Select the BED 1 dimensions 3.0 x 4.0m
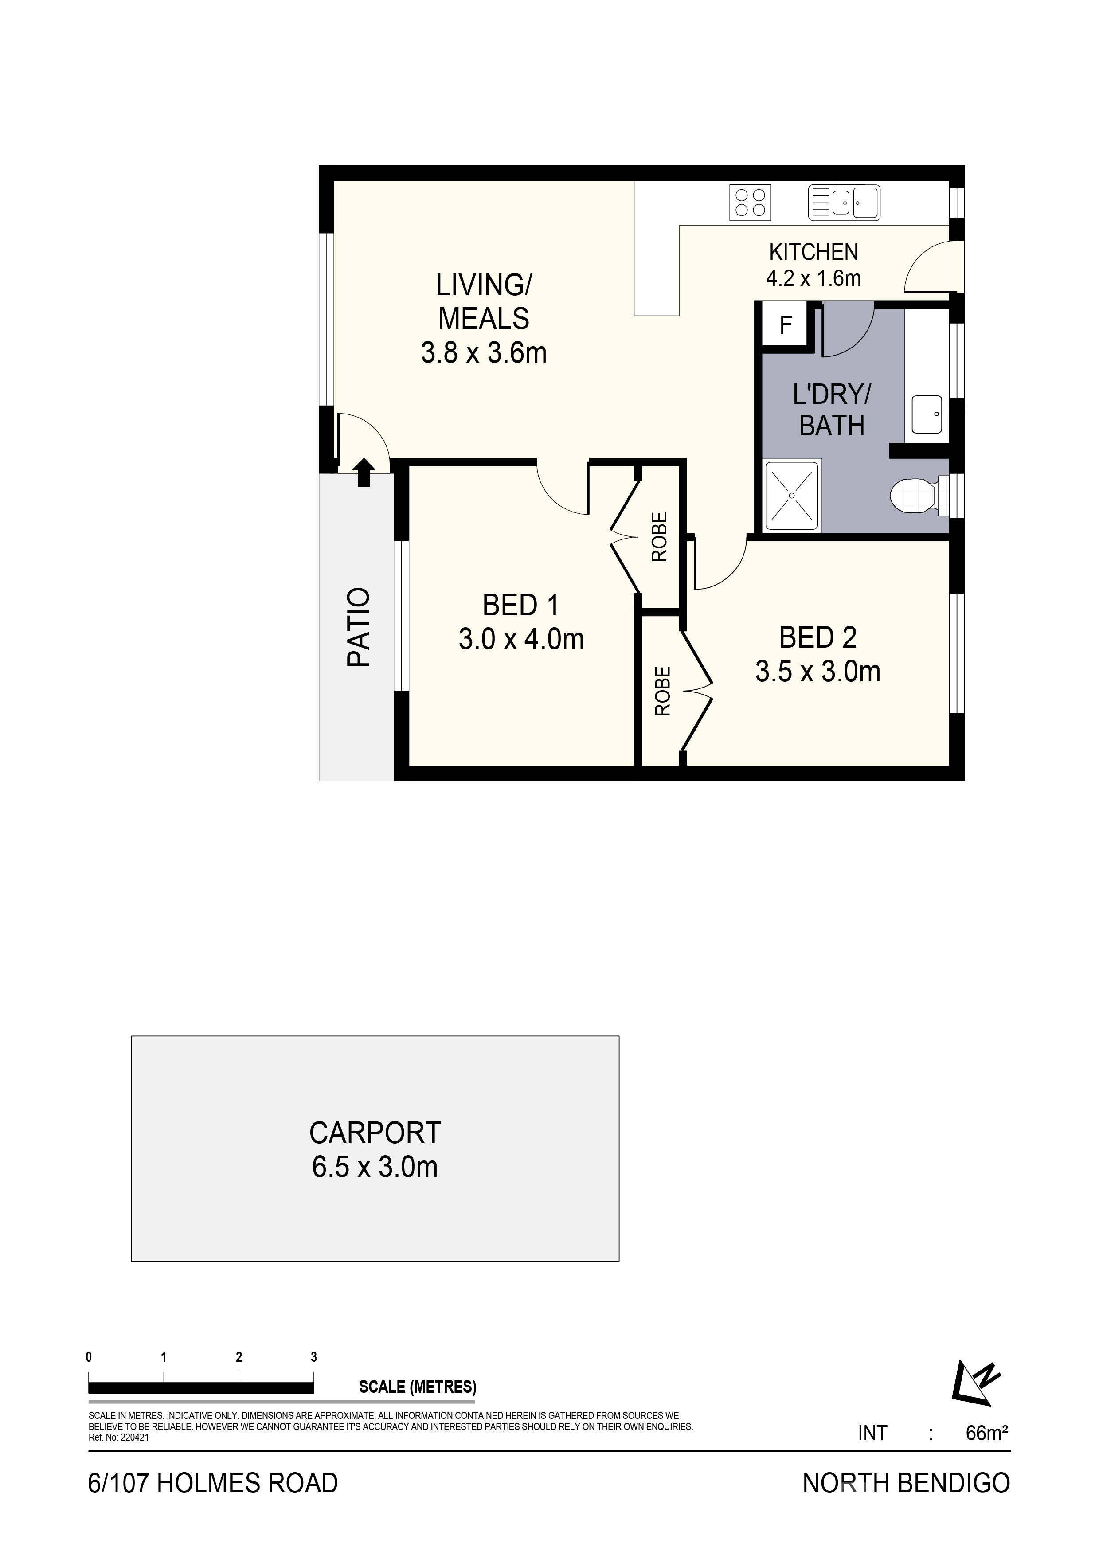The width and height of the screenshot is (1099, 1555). pos(521,639)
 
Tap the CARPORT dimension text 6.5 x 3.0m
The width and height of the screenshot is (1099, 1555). pos(375,1167)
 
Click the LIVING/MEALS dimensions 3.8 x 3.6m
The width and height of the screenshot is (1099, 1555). pos(484,353)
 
